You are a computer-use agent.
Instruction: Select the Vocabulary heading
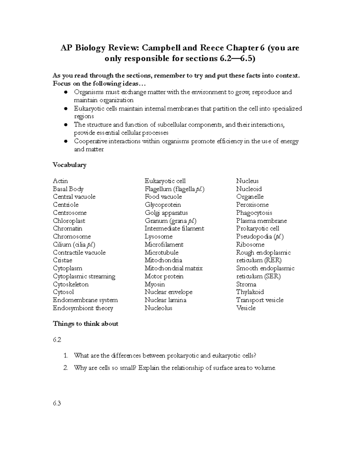69,165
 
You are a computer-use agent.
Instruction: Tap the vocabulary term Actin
60,181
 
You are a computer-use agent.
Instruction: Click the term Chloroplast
69,221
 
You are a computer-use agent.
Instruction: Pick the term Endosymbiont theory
83,308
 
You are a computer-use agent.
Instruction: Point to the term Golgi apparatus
166,213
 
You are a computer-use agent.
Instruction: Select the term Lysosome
158,236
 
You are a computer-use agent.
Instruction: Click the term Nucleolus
158,308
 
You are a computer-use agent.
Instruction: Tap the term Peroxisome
252,205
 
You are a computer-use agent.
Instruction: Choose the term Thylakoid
250,292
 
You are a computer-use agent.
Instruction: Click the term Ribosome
250,245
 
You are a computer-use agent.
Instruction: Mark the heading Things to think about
85,324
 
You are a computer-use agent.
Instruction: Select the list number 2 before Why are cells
66,368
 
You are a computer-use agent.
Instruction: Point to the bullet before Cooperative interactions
66,141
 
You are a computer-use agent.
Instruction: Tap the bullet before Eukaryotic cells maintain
66,109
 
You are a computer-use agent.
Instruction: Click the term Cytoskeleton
71,284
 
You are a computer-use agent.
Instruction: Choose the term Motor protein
164,276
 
